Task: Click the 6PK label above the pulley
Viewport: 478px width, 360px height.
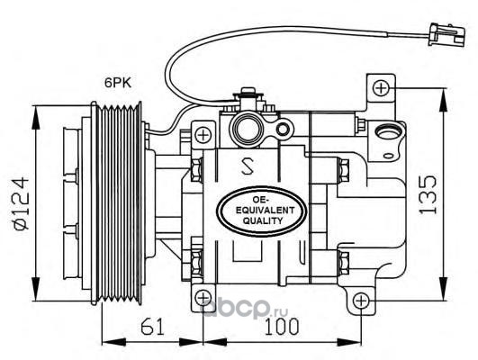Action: click(118, 83)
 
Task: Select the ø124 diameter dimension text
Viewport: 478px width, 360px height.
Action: click(22, 203)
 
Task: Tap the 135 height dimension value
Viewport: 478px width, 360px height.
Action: click(428, 194)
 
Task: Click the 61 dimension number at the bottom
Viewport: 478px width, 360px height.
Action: click(152, 327)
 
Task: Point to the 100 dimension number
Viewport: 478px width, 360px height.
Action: click(282, 327)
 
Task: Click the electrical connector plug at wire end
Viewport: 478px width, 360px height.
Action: click(446, 34)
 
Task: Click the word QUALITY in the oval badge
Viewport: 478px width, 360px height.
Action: click(263, 220)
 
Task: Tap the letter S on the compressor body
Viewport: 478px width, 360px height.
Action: click(248, 166)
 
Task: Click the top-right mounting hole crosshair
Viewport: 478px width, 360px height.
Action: click(381, 88)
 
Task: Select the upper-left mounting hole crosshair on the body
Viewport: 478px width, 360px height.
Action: click(203, 135)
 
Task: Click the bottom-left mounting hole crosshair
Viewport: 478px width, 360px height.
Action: click(203, 298)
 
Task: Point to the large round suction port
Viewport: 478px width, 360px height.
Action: click(247, 130)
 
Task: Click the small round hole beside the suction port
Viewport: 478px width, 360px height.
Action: click(283, 130)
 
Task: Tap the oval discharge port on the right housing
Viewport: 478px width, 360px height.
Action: click(388, 132)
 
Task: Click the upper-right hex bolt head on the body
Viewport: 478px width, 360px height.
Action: click(344, 170)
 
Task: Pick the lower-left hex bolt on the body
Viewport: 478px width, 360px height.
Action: click(196, 263)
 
